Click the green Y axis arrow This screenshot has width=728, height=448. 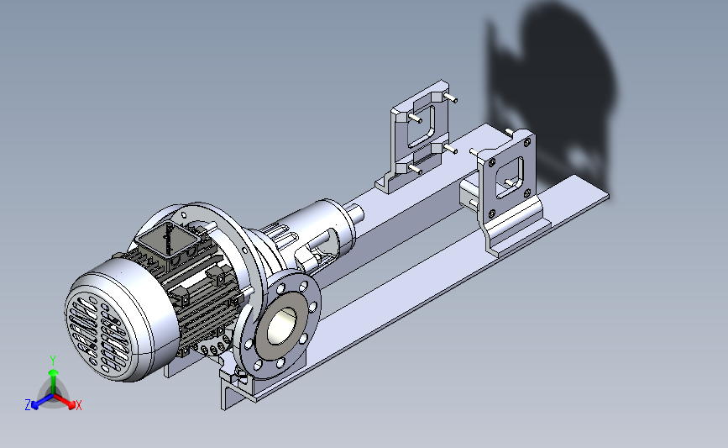(x=54, y=381)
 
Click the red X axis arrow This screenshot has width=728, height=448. (x=64, y=402)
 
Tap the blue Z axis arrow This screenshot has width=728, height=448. (x=42, y=402)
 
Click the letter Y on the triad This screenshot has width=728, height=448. (x=53, y=361)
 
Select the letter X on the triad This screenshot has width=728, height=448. (x=78, y=405)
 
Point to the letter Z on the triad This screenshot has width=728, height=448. (x=28, y=405)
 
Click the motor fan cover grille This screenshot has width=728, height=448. (x=98, y=333)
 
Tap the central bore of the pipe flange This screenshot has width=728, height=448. (x=282, y=325)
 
